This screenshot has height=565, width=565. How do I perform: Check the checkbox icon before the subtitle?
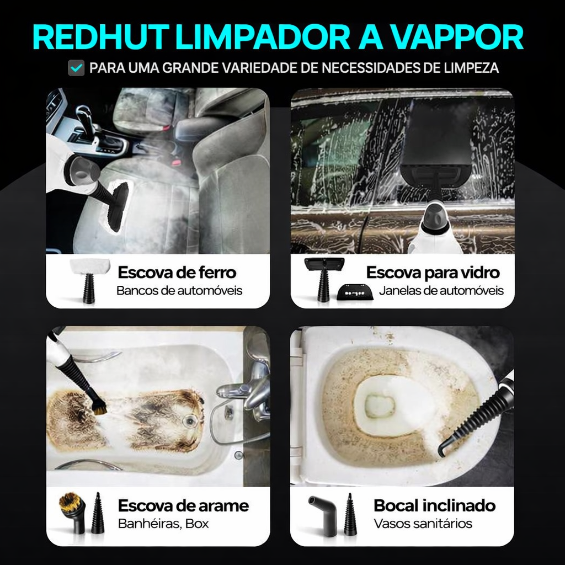point(76,68)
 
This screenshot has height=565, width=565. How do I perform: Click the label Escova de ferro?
point(177,272)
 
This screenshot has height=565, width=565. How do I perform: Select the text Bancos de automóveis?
point(179,290)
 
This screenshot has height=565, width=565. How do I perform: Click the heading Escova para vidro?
point(433,272)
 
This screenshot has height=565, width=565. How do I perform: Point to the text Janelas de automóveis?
point(441,290)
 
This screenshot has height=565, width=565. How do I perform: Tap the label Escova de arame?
point(183,505)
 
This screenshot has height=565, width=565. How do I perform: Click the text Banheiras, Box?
point(163,523)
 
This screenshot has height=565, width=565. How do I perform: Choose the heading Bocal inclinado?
point(434,505)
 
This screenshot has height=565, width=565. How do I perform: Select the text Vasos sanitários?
point(423,523)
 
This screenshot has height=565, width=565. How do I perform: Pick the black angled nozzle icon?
point(323,512)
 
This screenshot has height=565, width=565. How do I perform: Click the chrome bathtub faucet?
point(243,389)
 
